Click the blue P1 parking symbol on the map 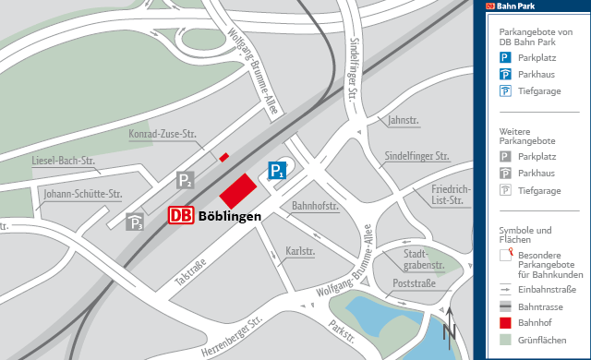[x=277, y=170]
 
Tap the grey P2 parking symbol [x=186, y=180]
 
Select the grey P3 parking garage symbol [x=136, y=222]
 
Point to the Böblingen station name [x=229, y=216]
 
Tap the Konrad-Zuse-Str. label [x=163, y=134]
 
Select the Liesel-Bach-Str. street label [x=64, y=161]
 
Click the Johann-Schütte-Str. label [x=83, y=194]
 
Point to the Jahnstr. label [x=404, y=120]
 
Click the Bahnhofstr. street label [x=315, y=206]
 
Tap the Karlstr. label [x=301, y=251]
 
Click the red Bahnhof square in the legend [x=505, y=322]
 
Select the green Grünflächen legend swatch [x=505, y=340]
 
